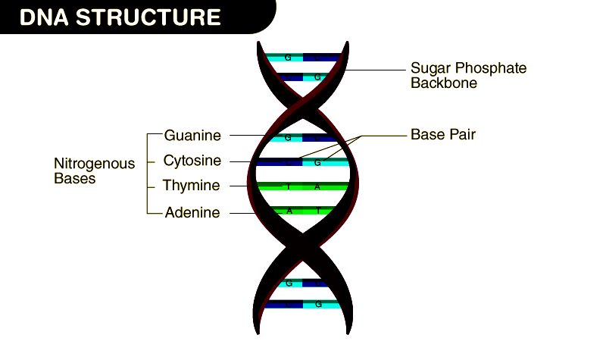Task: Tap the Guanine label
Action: point(192,136)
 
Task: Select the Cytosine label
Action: point(192,161)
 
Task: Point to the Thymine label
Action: point(191,186)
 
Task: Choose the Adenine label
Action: point(192,213)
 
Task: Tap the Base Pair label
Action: point(443,135)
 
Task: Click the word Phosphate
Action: point(493,68)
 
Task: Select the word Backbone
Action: point(444,83)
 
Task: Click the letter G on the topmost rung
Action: point(288,58)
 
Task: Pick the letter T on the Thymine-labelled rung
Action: point(288,186)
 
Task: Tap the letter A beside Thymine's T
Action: point(317,186)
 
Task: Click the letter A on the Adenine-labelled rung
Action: point(289,211)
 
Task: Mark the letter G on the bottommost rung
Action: point(318,305)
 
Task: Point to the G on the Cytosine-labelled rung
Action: point(318,162)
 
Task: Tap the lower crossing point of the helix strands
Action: point(304,246)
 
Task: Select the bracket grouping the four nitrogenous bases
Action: point(146,174)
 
